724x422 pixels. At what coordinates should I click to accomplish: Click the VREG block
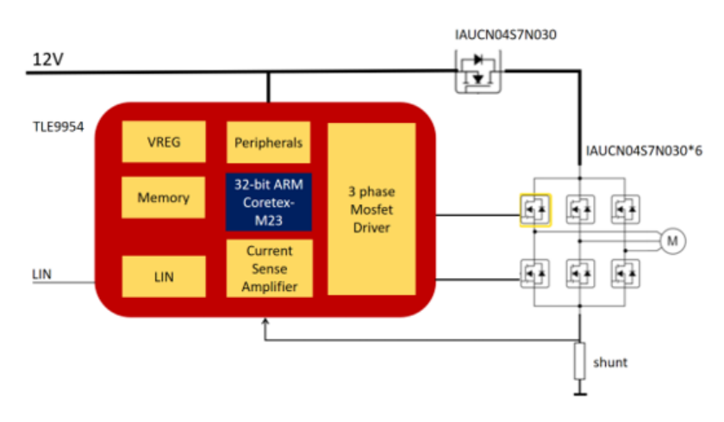tap(163, 141)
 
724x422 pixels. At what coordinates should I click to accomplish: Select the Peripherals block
tap(268, 141)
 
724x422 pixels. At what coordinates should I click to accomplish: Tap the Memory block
tap(163, 197)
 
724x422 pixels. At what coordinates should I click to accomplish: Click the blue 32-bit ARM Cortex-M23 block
tap(268, 202)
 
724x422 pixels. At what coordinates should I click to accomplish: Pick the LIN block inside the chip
tap(163, 276)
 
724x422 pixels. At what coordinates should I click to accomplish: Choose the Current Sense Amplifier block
tap(268, 268)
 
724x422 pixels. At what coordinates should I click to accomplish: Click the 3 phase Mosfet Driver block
tap(371, 208)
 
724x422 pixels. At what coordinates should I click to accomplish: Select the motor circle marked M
tap(672, 242)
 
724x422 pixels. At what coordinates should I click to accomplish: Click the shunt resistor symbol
tap(579, 361)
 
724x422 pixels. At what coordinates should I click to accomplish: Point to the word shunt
tap(609, 362)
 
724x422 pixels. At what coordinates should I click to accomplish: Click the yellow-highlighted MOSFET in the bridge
tap(534, 208)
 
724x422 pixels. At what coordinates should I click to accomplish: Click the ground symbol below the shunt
tap(579, 393)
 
